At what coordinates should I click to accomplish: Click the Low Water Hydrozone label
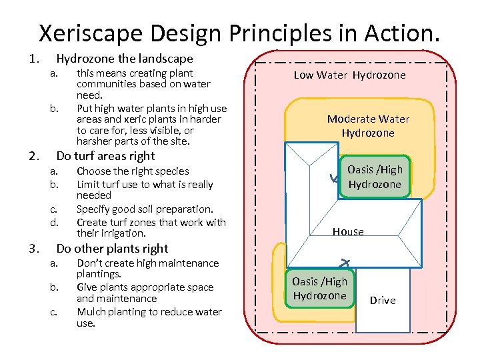349,75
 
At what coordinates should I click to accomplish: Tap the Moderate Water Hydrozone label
368,125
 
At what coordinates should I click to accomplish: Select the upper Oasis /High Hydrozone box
374,177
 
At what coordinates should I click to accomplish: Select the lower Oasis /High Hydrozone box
320,289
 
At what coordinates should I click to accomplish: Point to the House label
348,231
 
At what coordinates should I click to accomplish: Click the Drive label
383,300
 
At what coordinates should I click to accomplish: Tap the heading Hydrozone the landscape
124,59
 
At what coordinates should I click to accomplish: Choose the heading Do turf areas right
105,156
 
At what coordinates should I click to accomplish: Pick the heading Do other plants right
112,249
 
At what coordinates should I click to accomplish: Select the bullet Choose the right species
133,171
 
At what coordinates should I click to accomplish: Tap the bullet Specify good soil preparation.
145,209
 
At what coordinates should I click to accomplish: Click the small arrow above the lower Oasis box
345,262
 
